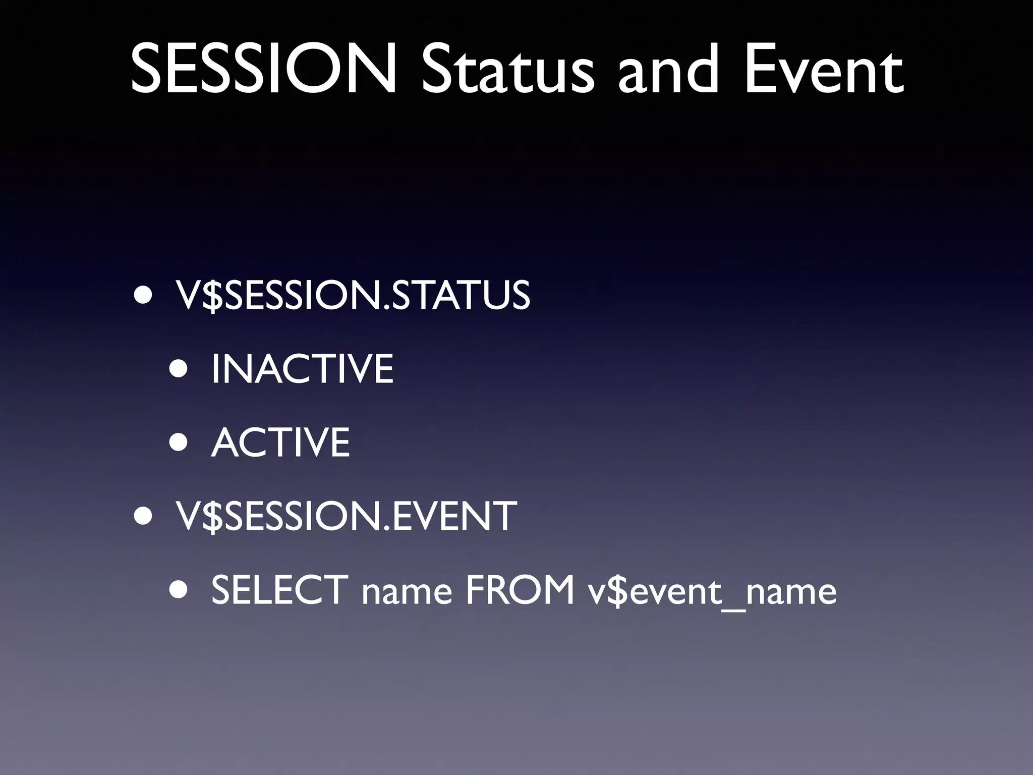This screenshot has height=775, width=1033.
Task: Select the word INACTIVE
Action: (302, 369)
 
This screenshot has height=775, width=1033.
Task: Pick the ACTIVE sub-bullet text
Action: (280, 442)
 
